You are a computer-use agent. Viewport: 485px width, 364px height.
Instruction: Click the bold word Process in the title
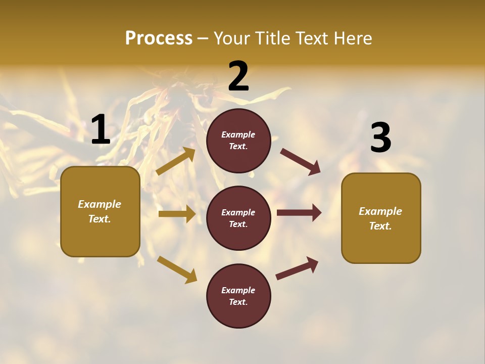coord(159,38)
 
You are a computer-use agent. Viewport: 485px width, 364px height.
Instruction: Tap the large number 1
coord(101,130)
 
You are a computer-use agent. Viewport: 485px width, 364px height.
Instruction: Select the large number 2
coord(238,76)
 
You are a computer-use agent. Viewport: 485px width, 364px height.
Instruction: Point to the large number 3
coord(380,138)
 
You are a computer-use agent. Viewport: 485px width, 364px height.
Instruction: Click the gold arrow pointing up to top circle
coord(176,161)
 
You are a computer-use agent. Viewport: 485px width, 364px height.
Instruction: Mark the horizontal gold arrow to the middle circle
coord(176,214)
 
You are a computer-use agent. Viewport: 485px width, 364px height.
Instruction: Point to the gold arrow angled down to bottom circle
coord(177,269)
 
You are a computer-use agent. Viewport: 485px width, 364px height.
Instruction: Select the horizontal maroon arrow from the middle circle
coord(299,213)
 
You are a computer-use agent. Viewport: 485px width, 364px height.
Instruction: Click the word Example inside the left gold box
coord(100,204)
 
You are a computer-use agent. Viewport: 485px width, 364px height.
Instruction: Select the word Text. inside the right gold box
coord(380,226)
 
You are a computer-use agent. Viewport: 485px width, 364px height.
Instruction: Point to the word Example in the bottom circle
coord(238,290)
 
